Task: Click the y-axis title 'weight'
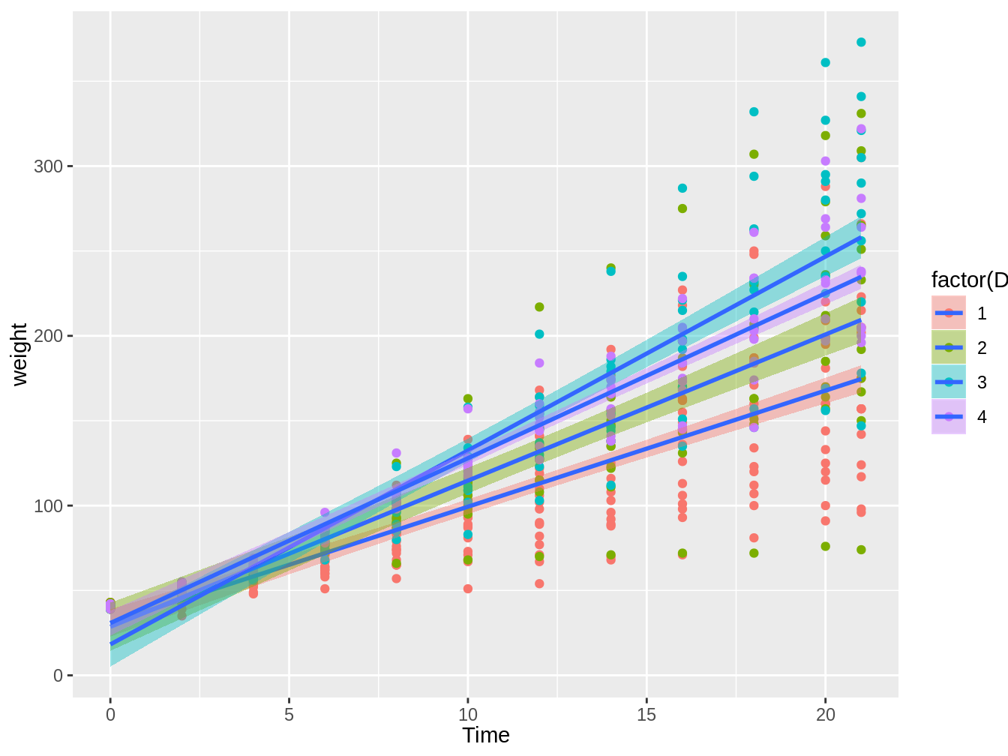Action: [19, 355]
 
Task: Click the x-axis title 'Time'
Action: [486, 736]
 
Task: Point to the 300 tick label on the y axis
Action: [48, 166]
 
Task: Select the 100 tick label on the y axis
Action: [48, 505]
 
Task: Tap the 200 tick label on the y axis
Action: [48, 336]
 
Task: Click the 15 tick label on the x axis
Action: [646, 715]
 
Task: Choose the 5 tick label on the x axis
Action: [289, 715]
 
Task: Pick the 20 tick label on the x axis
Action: [825, 715]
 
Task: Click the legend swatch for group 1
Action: [949, 313]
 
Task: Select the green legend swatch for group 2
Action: [949, 347]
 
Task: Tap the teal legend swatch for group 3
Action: [949, 382]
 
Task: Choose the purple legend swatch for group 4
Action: [949, 416]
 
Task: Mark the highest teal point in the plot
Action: [861, 42]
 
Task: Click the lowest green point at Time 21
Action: [861, 550]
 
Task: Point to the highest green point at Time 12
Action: [539, 307]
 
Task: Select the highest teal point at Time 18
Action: [754, 112]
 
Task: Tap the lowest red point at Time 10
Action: [468, 589]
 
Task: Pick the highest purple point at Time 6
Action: [325, 512]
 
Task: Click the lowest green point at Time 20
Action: [825, 546]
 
